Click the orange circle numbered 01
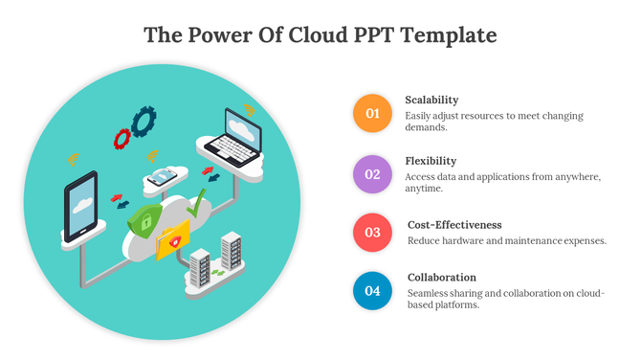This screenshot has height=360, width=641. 373,114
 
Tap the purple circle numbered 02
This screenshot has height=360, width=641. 373,174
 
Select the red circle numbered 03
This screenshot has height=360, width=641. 373,233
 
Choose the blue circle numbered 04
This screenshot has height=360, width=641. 373,291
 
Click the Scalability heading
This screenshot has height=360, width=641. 431,100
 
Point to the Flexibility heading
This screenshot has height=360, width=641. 431,161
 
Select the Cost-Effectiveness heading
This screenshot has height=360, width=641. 454,224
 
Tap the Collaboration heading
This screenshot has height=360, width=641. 442,278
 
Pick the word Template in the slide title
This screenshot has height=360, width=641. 453,35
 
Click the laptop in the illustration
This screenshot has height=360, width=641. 233,134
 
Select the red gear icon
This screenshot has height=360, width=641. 122,139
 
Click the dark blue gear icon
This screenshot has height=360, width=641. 144,120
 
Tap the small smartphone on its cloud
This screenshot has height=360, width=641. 163,175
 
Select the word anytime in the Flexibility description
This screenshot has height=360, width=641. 426,189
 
